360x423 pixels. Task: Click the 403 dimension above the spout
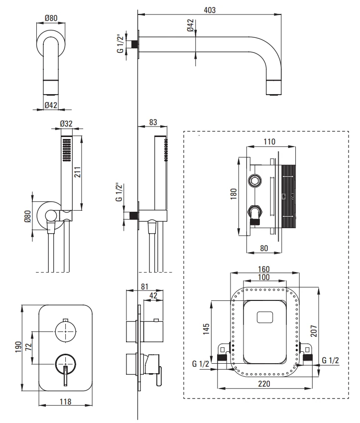click(x=210, y=10)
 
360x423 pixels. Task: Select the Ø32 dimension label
click(x=66, y=124)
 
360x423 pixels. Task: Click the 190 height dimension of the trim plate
click(x=18, y=348)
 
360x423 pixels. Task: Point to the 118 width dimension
click(x=65, y=402)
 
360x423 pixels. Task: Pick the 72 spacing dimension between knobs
click(x=28, y=347)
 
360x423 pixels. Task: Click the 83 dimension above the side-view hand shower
click(x=153, y=122)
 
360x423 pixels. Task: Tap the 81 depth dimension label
click(x=144, y=286)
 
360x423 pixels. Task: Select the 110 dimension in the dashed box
click(x=269, y=141)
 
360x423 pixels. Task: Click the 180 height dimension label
click(x=234, y=194)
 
